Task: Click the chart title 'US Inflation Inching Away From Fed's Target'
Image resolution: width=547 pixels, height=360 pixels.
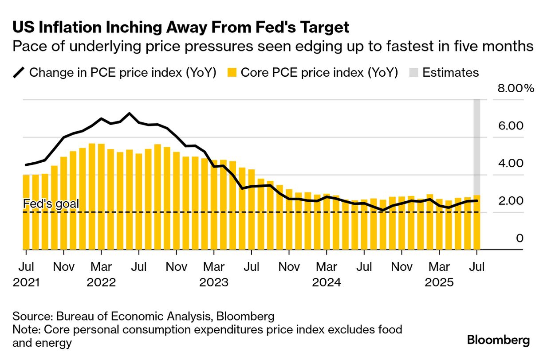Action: tap(181, 27)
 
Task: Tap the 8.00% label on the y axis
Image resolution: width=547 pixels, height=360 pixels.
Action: tap(516, 88)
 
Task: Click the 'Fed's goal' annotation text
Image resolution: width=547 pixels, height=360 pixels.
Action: tap(51, 204)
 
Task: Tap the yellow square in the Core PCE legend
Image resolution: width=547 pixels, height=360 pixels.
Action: tap(231, 73)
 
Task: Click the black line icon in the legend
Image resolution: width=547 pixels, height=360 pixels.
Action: tap(20, 73)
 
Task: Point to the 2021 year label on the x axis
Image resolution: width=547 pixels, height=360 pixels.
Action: tap(26, 282)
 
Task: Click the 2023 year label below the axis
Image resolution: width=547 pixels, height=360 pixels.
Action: tap(214, 282)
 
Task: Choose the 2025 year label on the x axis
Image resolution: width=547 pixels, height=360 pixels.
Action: tap(439, 282)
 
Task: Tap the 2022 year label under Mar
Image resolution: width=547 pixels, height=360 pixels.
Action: tap(101, 282)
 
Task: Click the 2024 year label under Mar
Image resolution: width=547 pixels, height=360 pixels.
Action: tap(327, 282)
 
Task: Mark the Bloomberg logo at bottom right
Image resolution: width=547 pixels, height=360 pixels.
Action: tap(498, 340)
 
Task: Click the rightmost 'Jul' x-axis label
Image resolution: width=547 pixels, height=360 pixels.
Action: tap(476, 267)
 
